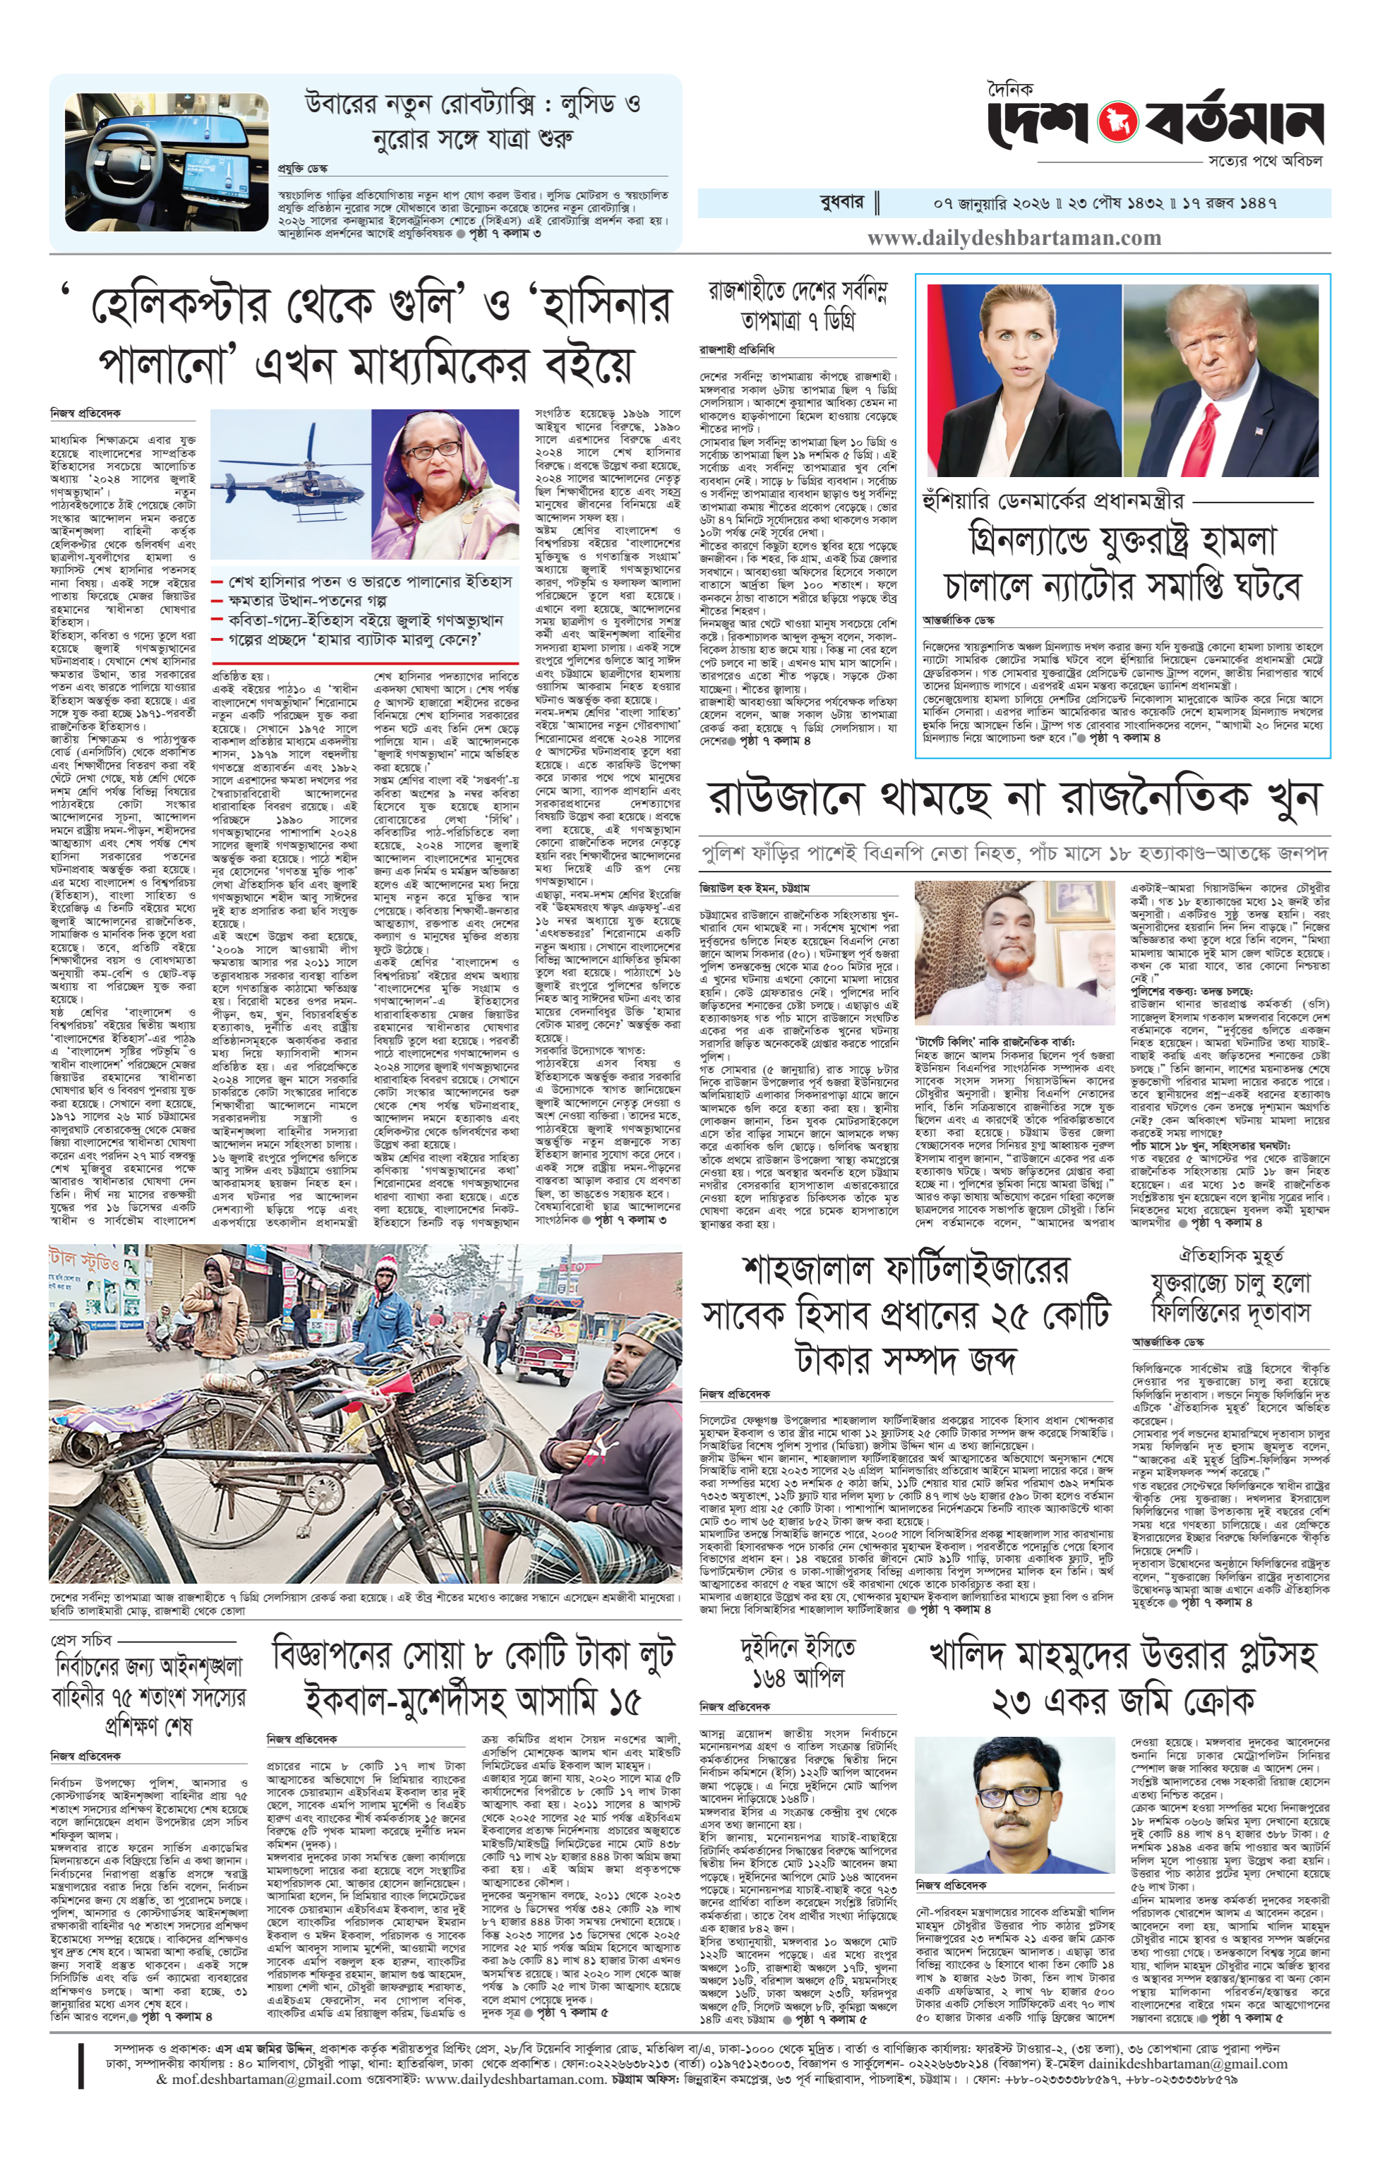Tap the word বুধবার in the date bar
(841, 203)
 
